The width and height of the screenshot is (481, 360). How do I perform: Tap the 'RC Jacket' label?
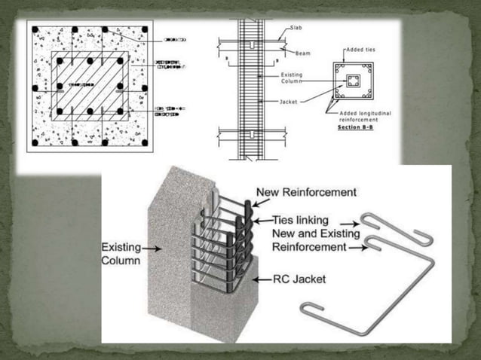299,279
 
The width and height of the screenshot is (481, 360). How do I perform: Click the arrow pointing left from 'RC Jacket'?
261,279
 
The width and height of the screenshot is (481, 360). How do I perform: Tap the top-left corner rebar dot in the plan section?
34,30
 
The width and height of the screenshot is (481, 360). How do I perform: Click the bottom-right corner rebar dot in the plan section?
144,142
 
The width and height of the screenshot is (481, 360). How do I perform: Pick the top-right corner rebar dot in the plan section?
144,30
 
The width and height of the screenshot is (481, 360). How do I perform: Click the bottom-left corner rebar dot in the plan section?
34,142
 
